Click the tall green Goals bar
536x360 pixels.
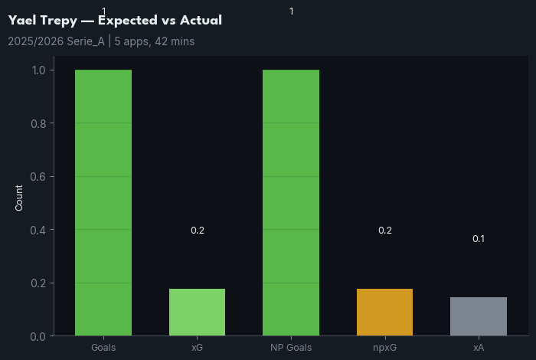click(103, 203)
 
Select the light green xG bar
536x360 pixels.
click(197, 313)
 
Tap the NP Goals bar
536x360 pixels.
click(291, 203)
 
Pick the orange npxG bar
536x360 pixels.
click(384, 313)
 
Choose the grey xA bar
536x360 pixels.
click(479, 316)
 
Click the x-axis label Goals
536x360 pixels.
click(103, 348)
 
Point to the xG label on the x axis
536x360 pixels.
click(197, 348)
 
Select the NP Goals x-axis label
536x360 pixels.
click(291, 348)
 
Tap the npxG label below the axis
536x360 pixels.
click(384, 348)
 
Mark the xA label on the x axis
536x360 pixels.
click(479, 348)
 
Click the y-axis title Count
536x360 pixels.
click(19, 198)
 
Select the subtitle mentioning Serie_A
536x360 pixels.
click(101, 41)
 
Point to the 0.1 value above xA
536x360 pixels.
click(479, 239)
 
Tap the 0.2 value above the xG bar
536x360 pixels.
click(197, 231)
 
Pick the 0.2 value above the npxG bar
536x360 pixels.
click(384, 231)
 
